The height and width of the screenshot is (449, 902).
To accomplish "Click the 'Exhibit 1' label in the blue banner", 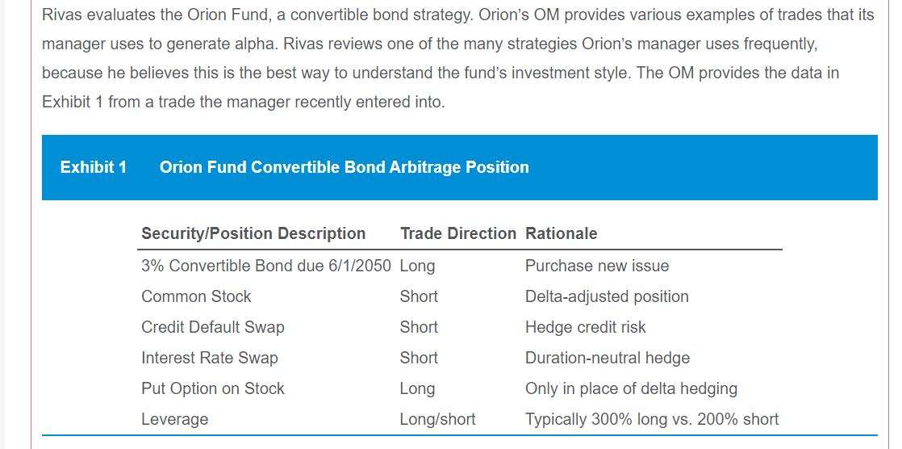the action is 94,167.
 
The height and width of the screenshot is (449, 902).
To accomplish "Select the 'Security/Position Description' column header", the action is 253,233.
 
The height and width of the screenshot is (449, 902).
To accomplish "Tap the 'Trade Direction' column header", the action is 458,233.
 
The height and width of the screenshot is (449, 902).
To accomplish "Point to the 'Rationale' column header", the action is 561,233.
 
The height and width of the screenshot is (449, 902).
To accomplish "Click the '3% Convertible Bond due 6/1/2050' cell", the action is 266,266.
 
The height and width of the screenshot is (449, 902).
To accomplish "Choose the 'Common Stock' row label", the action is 196,296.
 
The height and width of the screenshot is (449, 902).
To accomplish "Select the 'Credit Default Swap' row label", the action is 213,327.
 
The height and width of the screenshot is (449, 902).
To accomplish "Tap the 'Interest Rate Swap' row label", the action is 210,358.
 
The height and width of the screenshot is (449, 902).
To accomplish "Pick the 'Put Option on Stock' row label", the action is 213,388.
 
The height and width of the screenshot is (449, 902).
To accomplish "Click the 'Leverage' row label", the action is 175,419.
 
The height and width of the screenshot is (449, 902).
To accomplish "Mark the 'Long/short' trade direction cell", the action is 438,419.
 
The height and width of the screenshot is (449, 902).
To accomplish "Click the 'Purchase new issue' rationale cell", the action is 597,266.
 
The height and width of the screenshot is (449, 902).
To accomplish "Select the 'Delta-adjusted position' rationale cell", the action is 607,296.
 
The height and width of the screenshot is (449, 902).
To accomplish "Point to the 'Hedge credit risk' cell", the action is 586,327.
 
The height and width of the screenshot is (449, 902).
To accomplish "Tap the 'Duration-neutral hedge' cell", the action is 608,358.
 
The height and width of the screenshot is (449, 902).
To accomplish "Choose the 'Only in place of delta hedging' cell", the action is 631,388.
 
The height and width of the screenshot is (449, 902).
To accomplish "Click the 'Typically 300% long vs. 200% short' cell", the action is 652,419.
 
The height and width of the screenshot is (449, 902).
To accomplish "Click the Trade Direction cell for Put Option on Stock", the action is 418,388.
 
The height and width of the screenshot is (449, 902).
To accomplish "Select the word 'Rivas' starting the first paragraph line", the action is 62,15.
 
